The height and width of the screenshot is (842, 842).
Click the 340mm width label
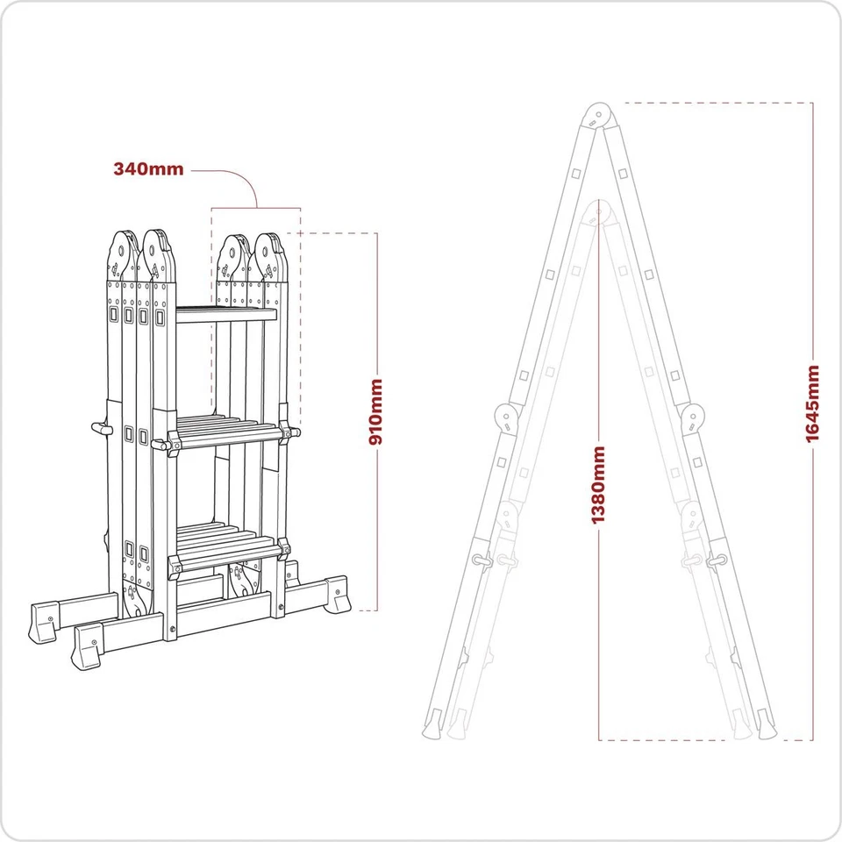coord(148,169)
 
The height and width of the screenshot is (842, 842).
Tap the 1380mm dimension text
coord(598,485)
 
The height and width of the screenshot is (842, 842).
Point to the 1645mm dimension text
coord(813,403)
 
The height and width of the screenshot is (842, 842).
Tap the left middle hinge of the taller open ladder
coord(506,417)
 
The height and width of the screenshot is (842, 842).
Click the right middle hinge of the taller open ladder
coord(693,417)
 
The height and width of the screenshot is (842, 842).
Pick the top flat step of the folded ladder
coord(226,314)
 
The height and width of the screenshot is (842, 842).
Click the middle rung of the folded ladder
coord(226,432)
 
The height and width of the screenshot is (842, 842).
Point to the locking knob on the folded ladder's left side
coord(100,428)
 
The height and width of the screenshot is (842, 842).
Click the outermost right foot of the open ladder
coord(764,726)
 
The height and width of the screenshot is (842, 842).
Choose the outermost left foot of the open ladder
coord(432,726)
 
